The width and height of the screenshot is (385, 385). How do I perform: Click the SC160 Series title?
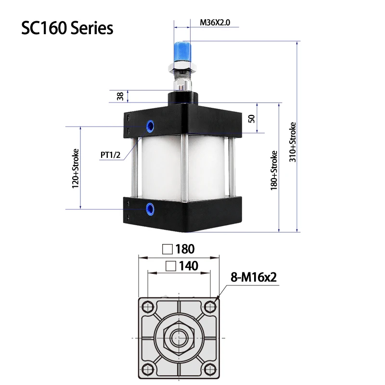pyautogui.click(x=67, y=28)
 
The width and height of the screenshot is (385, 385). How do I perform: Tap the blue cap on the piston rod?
pyautogui.click(x=182, y=50)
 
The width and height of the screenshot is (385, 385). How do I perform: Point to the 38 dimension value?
pyautogui.click(x=120, y=96)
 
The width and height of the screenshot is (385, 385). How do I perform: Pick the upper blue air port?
pyautogui.click(x=151, y=127)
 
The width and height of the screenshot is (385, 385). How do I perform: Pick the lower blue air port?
pyautogui.click(x=151, y=208)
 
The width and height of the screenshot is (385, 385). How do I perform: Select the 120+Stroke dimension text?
pyautogui.click(x=75, y=168)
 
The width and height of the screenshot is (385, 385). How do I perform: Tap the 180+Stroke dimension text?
pyautogui.click(x=274, y=170)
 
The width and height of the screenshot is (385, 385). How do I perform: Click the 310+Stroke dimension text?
pyautogui.click(x=292, y=143)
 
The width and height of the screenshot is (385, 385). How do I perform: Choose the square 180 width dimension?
pyautogui.click(x=179, y=249)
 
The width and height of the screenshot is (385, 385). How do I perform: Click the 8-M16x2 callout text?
pyautogui.click(x=255, y=278)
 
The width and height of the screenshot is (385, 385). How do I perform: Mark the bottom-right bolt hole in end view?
pyautogui.click(x=211, y=370)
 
